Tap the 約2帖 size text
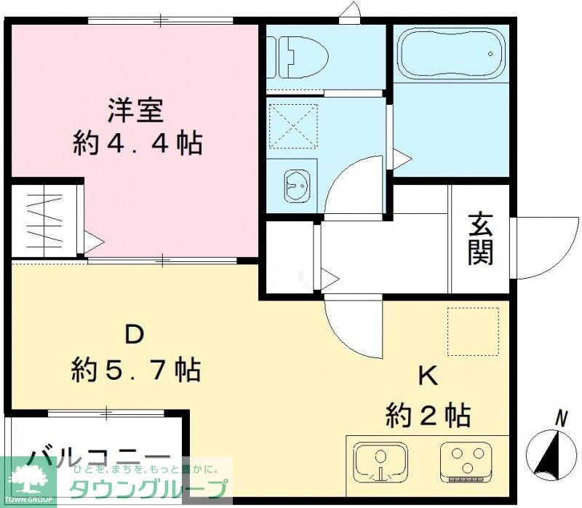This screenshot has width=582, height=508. tap(428, 416)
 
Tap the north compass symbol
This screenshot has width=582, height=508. tap(551, 451)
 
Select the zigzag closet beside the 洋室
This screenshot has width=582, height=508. tap(45, 218)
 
